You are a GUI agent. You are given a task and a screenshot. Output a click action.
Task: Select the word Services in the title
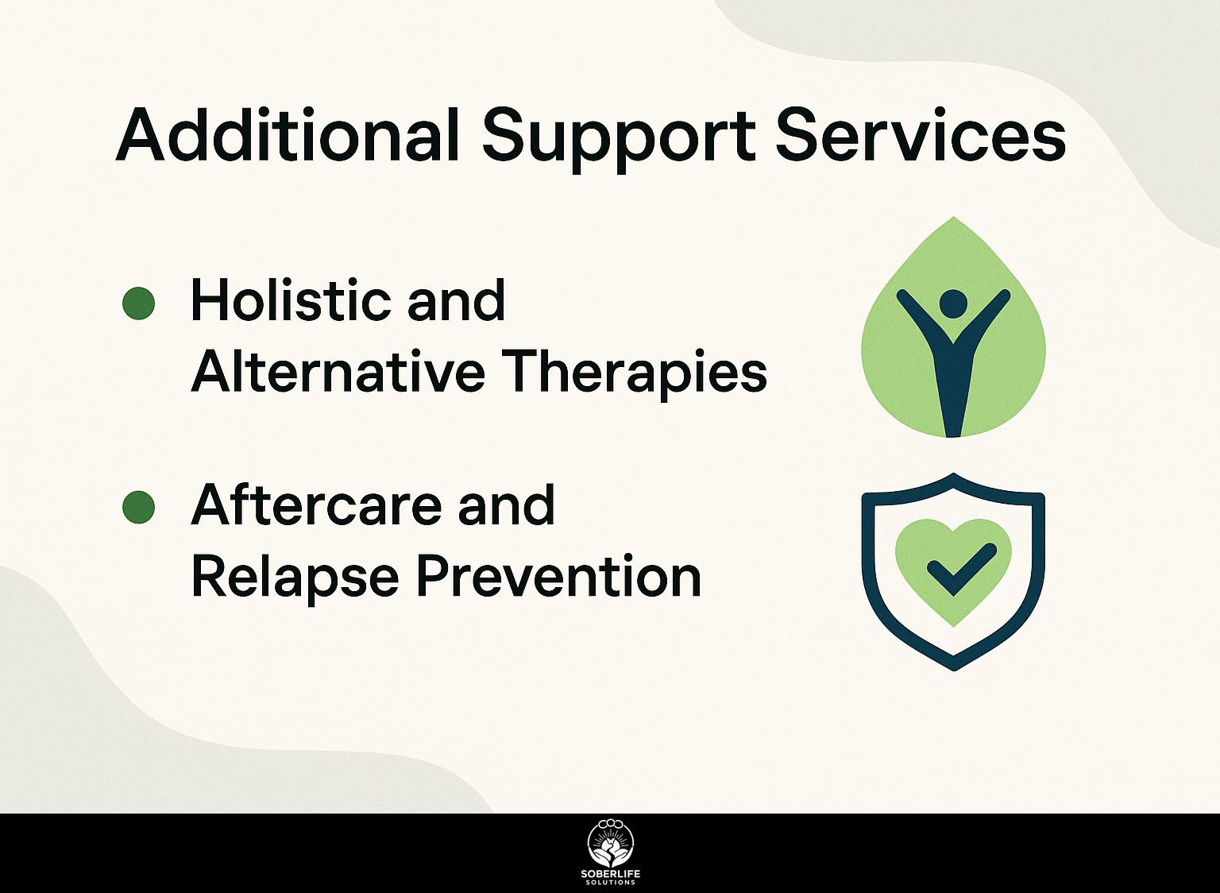click(921, 134)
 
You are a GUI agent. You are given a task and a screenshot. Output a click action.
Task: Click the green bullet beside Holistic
click(138, 303)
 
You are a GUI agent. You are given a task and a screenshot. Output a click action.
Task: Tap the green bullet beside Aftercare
click(138, 507)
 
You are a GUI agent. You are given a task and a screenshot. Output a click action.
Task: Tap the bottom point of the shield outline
click(954, 670)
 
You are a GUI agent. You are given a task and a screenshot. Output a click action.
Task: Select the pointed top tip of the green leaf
click(953, 218)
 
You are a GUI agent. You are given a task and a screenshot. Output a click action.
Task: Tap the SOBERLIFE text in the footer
click(611, 874)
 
